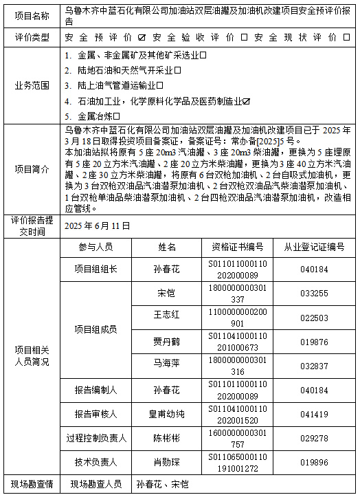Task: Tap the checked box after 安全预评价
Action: [x=141, y=36]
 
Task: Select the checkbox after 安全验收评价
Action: [x=246, y=36]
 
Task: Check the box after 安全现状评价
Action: [x=351, y=36]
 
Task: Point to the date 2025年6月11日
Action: [x=97, y=225]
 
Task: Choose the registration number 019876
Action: [x=314, y=341]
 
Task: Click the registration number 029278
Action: [x=314, y=438]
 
